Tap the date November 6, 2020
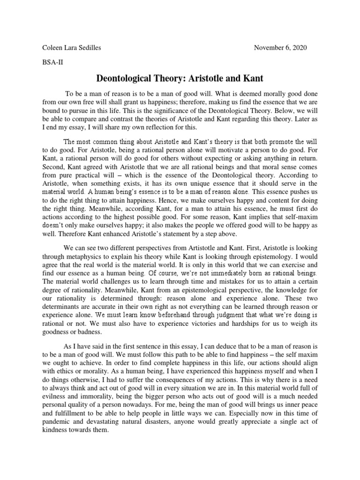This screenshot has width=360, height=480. coord(280,48)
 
